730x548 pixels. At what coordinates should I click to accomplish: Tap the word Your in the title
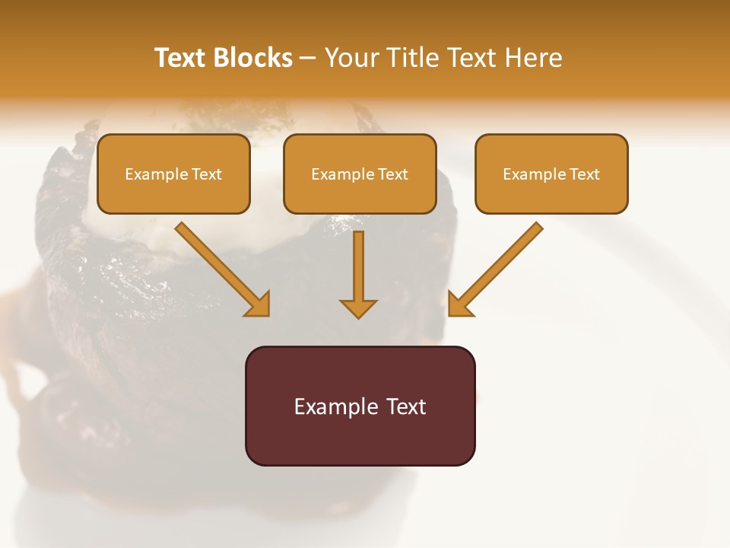[352, 58]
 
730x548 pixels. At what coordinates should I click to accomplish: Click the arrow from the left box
[221, 267]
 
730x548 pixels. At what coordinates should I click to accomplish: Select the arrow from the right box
[497, 267]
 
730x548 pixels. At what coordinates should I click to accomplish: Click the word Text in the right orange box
[585, 174]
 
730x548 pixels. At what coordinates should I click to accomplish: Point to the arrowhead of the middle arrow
[358, 308]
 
